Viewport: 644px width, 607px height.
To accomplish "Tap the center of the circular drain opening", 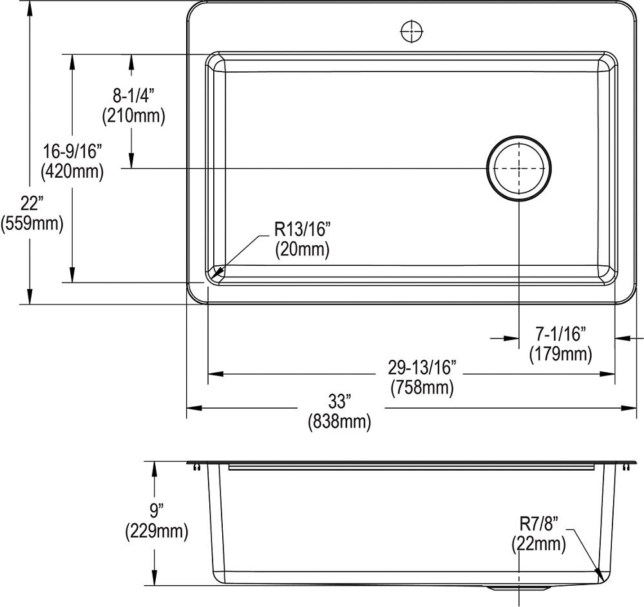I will point(519,169).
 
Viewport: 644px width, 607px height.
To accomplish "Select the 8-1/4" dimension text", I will point(134,96).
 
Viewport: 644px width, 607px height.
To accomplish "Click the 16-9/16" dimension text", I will point(71,152).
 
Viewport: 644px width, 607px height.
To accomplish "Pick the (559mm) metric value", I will point(32,223).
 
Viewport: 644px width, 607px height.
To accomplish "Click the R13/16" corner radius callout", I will point(302,229).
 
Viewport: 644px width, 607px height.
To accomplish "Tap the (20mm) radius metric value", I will point(302,249).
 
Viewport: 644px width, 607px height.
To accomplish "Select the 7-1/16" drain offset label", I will point(560,333).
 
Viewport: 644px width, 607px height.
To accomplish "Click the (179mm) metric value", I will point(560,353).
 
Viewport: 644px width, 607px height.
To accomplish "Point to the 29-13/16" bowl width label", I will point(422,368).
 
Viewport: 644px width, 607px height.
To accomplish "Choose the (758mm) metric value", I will point(422,388).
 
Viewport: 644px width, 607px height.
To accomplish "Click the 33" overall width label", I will point(339,402).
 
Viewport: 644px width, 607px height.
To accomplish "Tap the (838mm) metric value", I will point(339,422).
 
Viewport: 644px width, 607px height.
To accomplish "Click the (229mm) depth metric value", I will point(156,532).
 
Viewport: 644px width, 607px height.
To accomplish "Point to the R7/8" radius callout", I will point(538,523).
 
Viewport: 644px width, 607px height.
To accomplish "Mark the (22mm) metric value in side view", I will point(538,544).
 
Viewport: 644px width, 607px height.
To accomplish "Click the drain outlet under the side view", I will point(519,588).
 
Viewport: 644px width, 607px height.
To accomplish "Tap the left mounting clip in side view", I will point(194,468).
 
